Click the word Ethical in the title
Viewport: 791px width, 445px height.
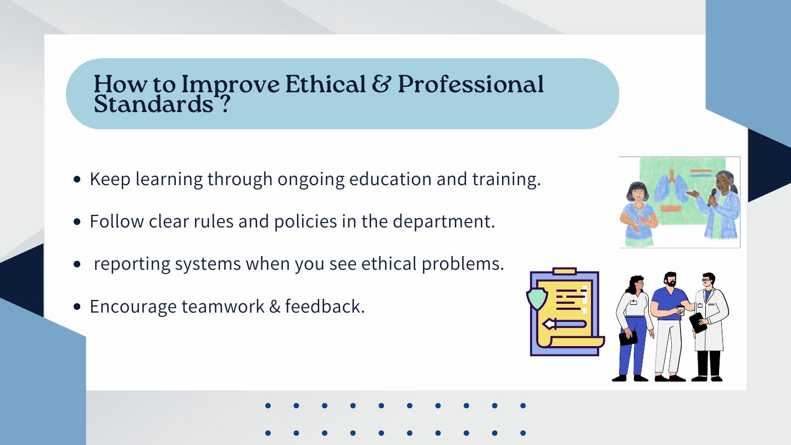point(325,84)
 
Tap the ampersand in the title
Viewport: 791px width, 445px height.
point(381,84)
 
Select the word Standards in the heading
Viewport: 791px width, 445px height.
point(154,104)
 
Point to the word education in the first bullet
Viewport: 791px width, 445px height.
point(390,179)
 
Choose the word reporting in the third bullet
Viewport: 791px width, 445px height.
point(132,264)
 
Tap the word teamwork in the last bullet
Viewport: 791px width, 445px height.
point(223,306)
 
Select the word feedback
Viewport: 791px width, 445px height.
point(325,306)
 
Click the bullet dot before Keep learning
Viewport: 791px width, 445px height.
point(77,180)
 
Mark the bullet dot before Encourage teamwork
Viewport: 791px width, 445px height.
point(77,307)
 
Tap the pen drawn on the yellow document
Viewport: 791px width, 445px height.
point(564,324)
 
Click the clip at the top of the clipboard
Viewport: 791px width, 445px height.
point(565,271)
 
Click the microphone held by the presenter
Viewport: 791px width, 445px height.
point(712,196)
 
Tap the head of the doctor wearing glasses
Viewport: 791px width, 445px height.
point(708,281)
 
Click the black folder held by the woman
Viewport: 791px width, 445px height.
point(628,338)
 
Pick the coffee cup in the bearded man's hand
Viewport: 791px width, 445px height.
point(680,310)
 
